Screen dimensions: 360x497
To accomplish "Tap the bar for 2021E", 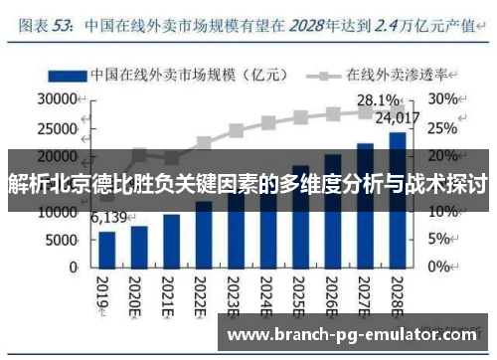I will [x=172, y=244].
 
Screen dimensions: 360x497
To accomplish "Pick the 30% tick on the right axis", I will [x=443, y=100].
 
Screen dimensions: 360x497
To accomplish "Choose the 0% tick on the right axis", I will [x=440, y=269].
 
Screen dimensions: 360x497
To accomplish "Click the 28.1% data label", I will [x=379, y=100].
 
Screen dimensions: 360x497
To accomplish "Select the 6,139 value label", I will [x=108, y=218].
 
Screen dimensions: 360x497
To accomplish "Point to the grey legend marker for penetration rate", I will [x=324, y=75].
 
